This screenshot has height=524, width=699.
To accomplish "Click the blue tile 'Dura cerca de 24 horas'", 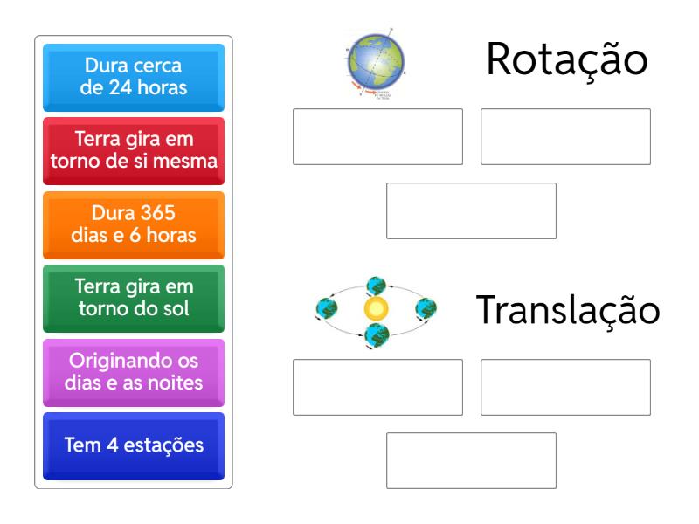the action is (x=134, y=78).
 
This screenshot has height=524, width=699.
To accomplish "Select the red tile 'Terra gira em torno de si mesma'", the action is (x=134, y=151).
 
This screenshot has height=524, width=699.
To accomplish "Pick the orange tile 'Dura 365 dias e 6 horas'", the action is (x=134, y=225).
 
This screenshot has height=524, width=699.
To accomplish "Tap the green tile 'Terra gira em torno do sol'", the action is (x=134, y=299).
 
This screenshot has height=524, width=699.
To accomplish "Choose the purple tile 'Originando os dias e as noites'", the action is (x=134, y=373).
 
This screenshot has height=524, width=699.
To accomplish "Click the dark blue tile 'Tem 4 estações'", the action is (x=134, y=446).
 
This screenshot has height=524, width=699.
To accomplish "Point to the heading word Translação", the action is (x=567, y=310).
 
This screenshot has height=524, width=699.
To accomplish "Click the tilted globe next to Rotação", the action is (x=376, y=62).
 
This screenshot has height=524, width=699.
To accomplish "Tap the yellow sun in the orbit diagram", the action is (x=376, y=309).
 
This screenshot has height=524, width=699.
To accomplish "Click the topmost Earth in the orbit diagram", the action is (x=376, y=286).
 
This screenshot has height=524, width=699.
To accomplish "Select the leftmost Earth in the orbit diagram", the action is (x=326, y=308).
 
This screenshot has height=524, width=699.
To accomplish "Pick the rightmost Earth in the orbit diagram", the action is (x=426, y=309).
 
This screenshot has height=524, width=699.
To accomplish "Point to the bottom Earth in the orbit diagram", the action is (x=377, y=335).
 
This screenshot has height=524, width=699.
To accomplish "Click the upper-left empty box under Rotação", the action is (x=377, y=136).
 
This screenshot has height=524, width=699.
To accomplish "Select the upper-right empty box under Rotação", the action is (x=565, y=136).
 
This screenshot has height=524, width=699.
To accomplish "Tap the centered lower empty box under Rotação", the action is (x=471, y=210).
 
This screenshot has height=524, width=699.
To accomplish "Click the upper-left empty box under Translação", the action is (x=377, y=387).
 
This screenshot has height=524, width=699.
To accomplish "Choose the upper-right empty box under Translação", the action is (x=565, y=387).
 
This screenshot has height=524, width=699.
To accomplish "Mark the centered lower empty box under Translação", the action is (x=471, y=460).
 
